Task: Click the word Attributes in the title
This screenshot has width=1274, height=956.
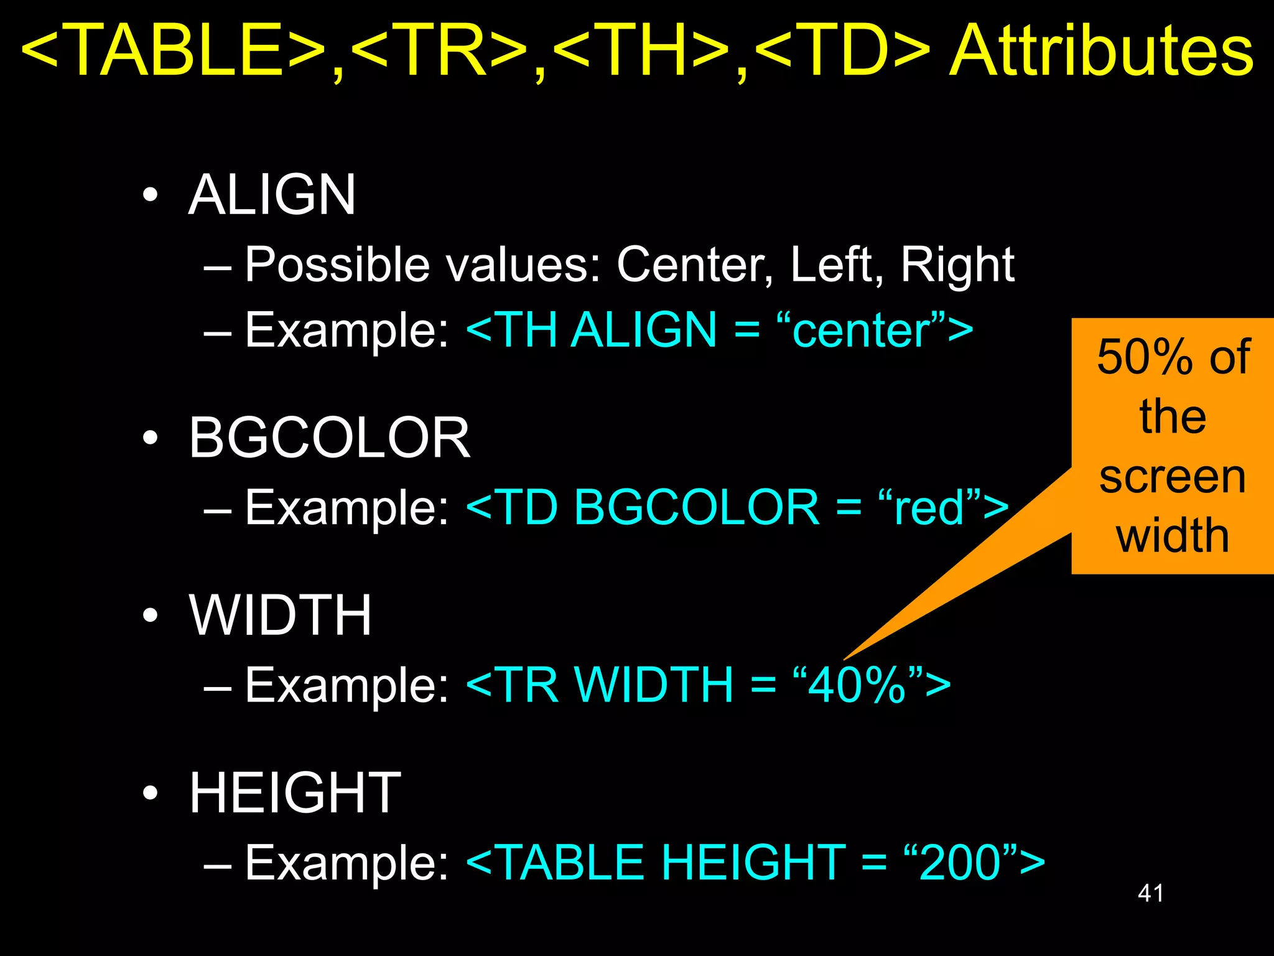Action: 1101,51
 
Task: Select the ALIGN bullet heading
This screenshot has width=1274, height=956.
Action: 272,195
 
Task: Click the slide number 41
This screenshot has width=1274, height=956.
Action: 1150,893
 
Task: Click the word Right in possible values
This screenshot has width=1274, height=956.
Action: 957,265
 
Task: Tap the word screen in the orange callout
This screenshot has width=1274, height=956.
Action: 1173,477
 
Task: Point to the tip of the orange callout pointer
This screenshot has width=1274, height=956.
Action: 845,658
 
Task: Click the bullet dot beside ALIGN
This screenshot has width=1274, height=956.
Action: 150,195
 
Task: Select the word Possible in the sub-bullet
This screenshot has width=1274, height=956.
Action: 337,265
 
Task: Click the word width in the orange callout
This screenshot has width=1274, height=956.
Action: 1173,535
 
